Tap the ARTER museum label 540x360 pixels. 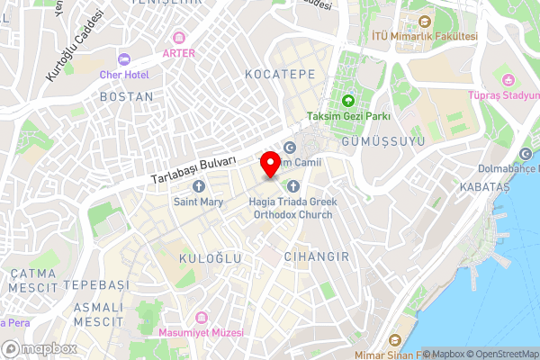pos(178,53)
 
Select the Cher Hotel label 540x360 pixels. pos(124,74)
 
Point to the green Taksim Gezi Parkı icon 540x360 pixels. pos(347,100)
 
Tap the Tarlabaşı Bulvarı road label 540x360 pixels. pos(192,167)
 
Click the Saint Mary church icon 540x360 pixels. pos(199,186)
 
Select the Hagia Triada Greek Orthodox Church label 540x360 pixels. pos(292,209)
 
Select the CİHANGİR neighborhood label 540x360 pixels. pos(316,256)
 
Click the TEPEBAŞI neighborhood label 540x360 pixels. pos(95,284)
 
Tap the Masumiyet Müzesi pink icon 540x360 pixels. pos(200,318)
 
